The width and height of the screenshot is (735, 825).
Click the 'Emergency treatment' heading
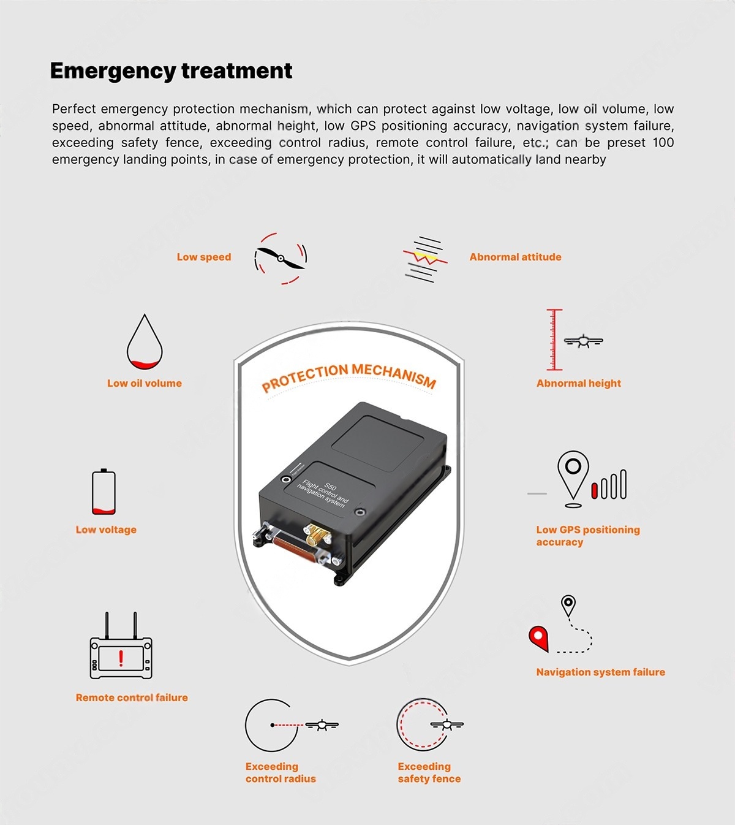tap(171, 71)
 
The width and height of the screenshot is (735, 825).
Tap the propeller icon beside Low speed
tap(281, 259)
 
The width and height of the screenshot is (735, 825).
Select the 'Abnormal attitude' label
tap(515, 257)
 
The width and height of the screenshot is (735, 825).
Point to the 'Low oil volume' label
tap(145, 383)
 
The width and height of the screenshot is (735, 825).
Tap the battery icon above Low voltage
tap(104, 492)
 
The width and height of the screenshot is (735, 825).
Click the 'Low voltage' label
tap(106, 530)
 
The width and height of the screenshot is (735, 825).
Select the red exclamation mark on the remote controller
tap(121, 658)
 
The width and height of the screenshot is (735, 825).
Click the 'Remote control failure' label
tap(132, 698)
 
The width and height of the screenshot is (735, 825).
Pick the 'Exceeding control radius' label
tap(281, 772)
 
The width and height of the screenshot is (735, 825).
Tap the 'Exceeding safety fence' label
tap(429, 772)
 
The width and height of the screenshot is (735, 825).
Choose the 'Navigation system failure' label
tap(601, 672)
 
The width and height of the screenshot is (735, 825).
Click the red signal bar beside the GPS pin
tap(594, 490)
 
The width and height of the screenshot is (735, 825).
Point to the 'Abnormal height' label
tap(578, 383)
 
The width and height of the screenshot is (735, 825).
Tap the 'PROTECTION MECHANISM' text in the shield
tap(349, 376)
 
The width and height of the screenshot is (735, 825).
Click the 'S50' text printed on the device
tap(330, 486)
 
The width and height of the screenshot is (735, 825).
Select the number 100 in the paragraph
tap(663, 143)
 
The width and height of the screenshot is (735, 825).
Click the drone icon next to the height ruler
tap(584, 341)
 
